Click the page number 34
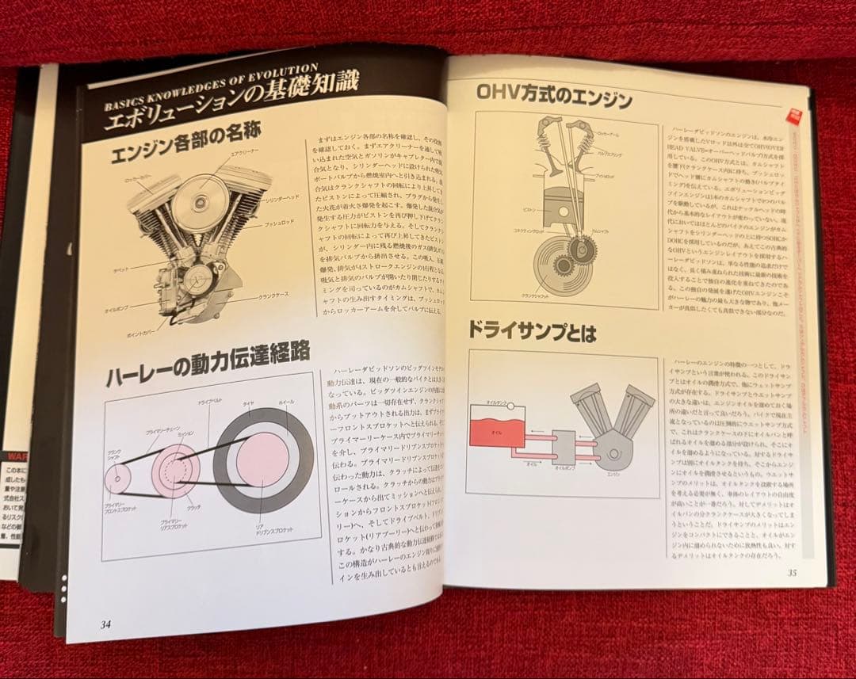coord(105,624)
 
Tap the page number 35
coord(791,573)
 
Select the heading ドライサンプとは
coord(531,331)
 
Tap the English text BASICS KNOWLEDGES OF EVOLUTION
coord(212,83)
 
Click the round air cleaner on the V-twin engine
coord(199,203)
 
